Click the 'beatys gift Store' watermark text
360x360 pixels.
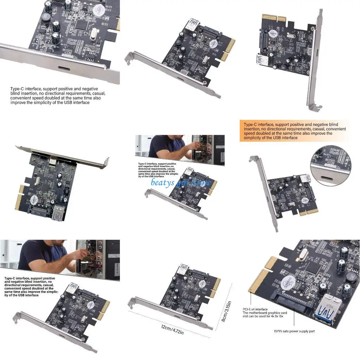(181, 182)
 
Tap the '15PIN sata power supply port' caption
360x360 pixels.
(294, 331)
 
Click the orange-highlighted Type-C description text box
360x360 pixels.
(295, 131)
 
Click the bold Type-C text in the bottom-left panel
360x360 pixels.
(30, 287)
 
